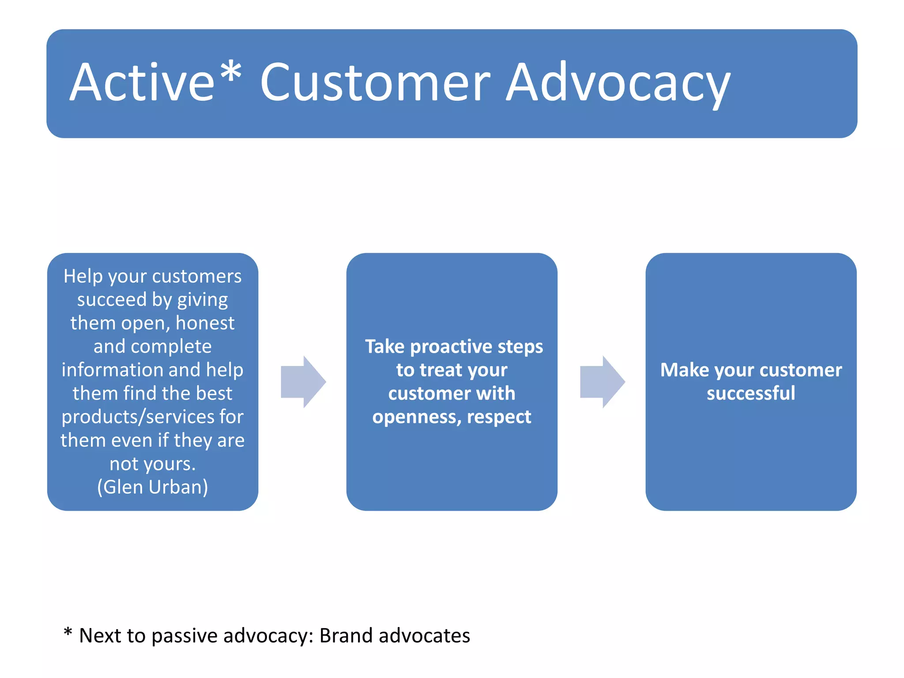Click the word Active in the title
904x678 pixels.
(142, 83)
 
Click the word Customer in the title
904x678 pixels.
(375, 83)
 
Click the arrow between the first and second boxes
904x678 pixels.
(303, 382)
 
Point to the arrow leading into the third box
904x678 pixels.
(602, 382)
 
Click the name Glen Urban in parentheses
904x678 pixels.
(152, 487)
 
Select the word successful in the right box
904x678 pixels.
(751, 393)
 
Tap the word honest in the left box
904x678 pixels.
(205, 323)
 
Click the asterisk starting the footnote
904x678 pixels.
(68, 632)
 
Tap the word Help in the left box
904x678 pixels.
(83, 276)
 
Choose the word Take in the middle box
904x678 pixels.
(384, 347)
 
